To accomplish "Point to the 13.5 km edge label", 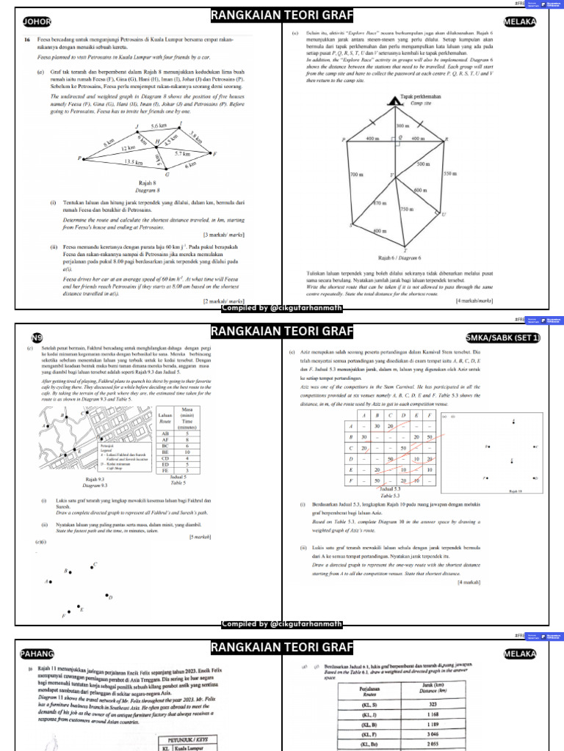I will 134,162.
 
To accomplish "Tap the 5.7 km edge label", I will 182,153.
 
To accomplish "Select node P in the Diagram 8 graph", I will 79,158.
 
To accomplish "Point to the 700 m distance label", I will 358,175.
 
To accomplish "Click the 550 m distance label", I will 449,173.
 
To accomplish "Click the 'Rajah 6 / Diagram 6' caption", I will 399,258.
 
